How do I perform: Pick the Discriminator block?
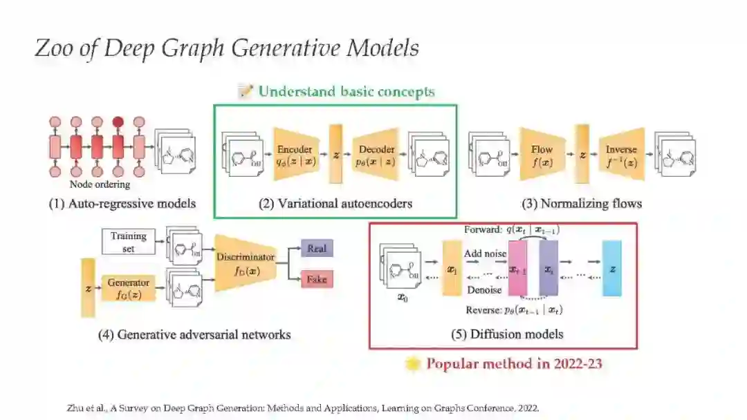coord(245,262)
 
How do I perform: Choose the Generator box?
coord(128,288)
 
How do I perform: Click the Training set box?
coord(129,241)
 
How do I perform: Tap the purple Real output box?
coord(317,249)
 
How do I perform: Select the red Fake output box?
coord(316,279)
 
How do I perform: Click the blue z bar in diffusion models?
coord(611,268)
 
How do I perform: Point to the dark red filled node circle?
coord(118,122)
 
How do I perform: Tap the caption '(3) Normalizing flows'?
coord(581,204)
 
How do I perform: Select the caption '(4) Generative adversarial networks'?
coord(194,335)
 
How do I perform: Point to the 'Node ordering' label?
coord(100,184)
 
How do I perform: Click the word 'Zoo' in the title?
coord(53,50)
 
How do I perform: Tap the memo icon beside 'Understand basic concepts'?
coord(246,91)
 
